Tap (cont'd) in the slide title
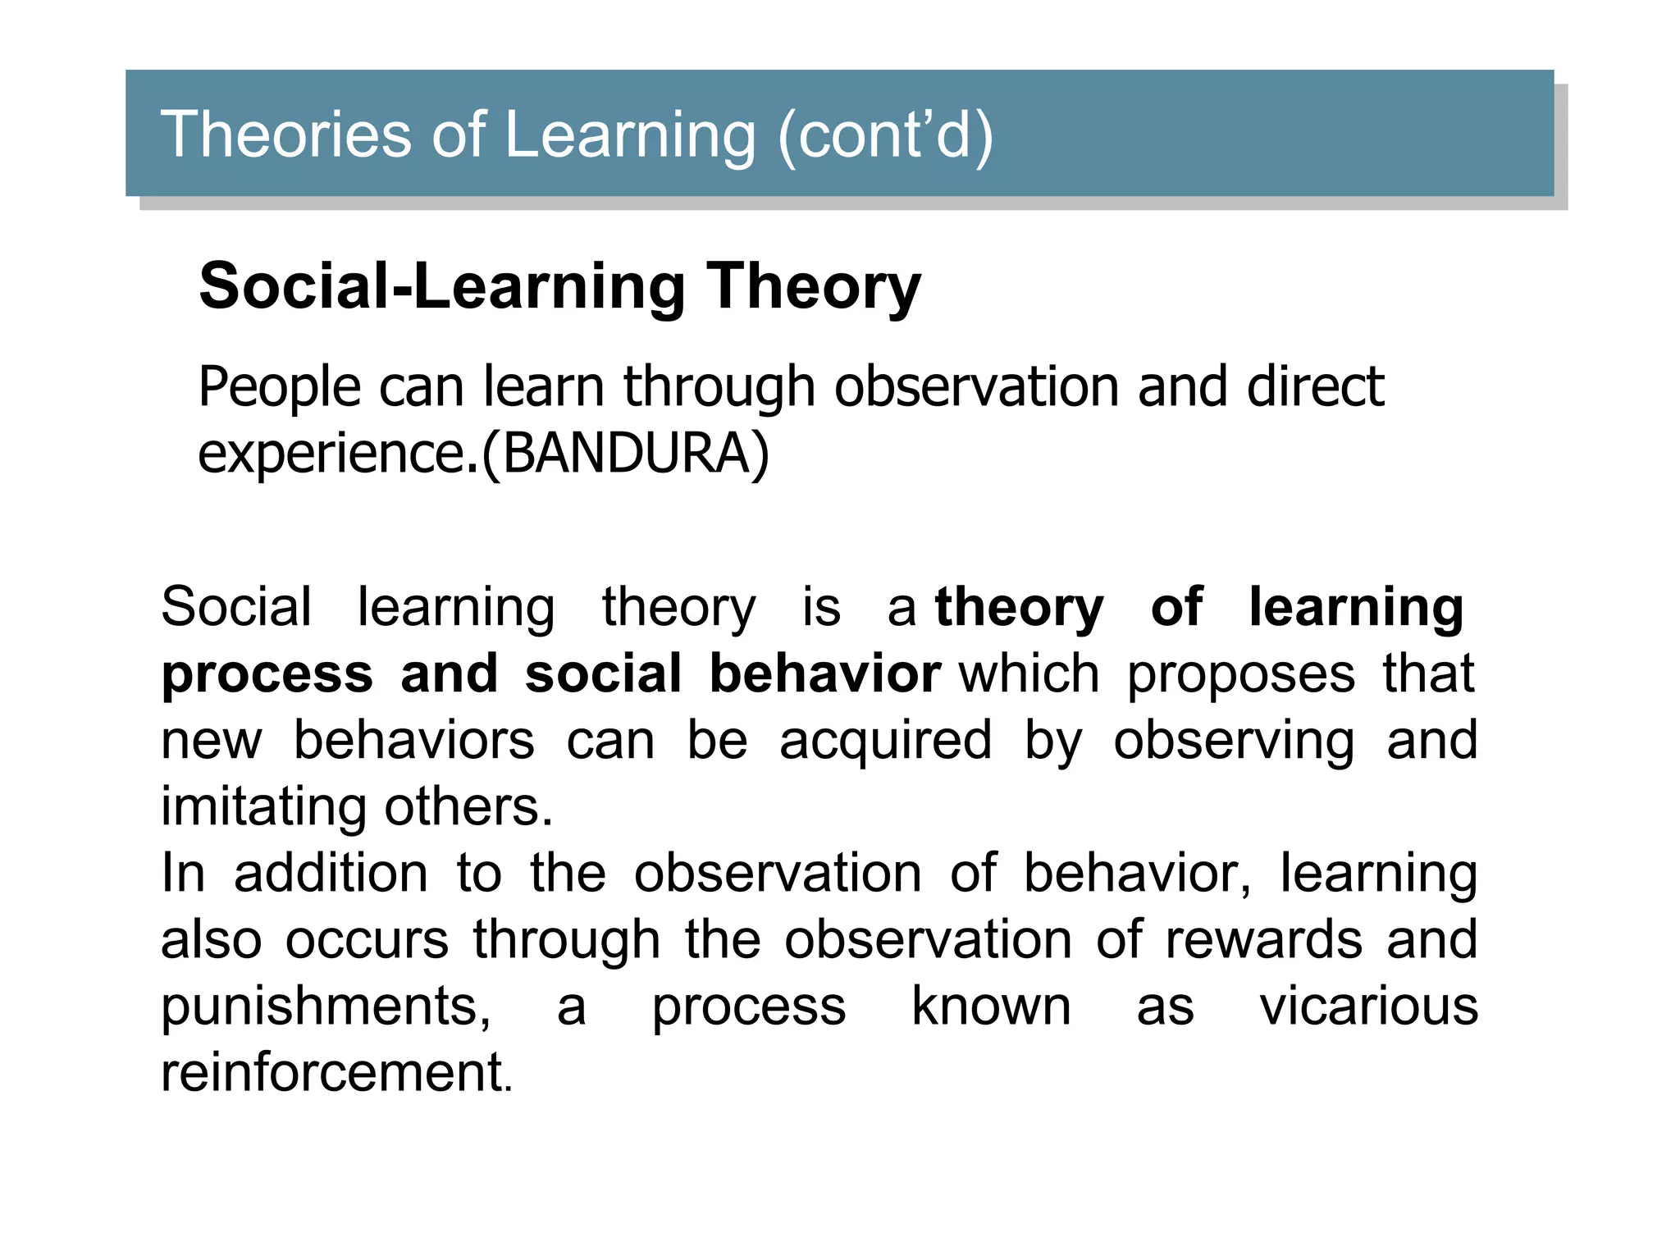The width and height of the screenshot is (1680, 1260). [x=885, y=136]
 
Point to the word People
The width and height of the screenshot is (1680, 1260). [x=279, y=387]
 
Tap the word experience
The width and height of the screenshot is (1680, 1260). [x=332, y=454]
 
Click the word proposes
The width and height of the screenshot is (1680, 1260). [x=1241, y=674]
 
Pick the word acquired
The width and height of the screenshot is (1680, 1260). [x=885, y=741]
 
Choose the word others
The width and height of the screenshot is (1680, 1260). [x=468, y=807]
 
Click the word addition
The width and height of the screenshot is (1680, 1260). [x=331, y=873]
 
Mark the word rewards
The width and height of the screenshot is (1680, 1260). [x=1264, y=939]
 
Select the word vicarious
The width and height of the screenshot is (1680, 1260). [x=1369, y=1006]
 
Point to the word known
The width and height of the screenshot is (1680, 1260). [x=991, y=1006]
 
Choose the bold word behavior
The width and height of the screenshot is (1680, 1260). [x=824, y=674]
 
